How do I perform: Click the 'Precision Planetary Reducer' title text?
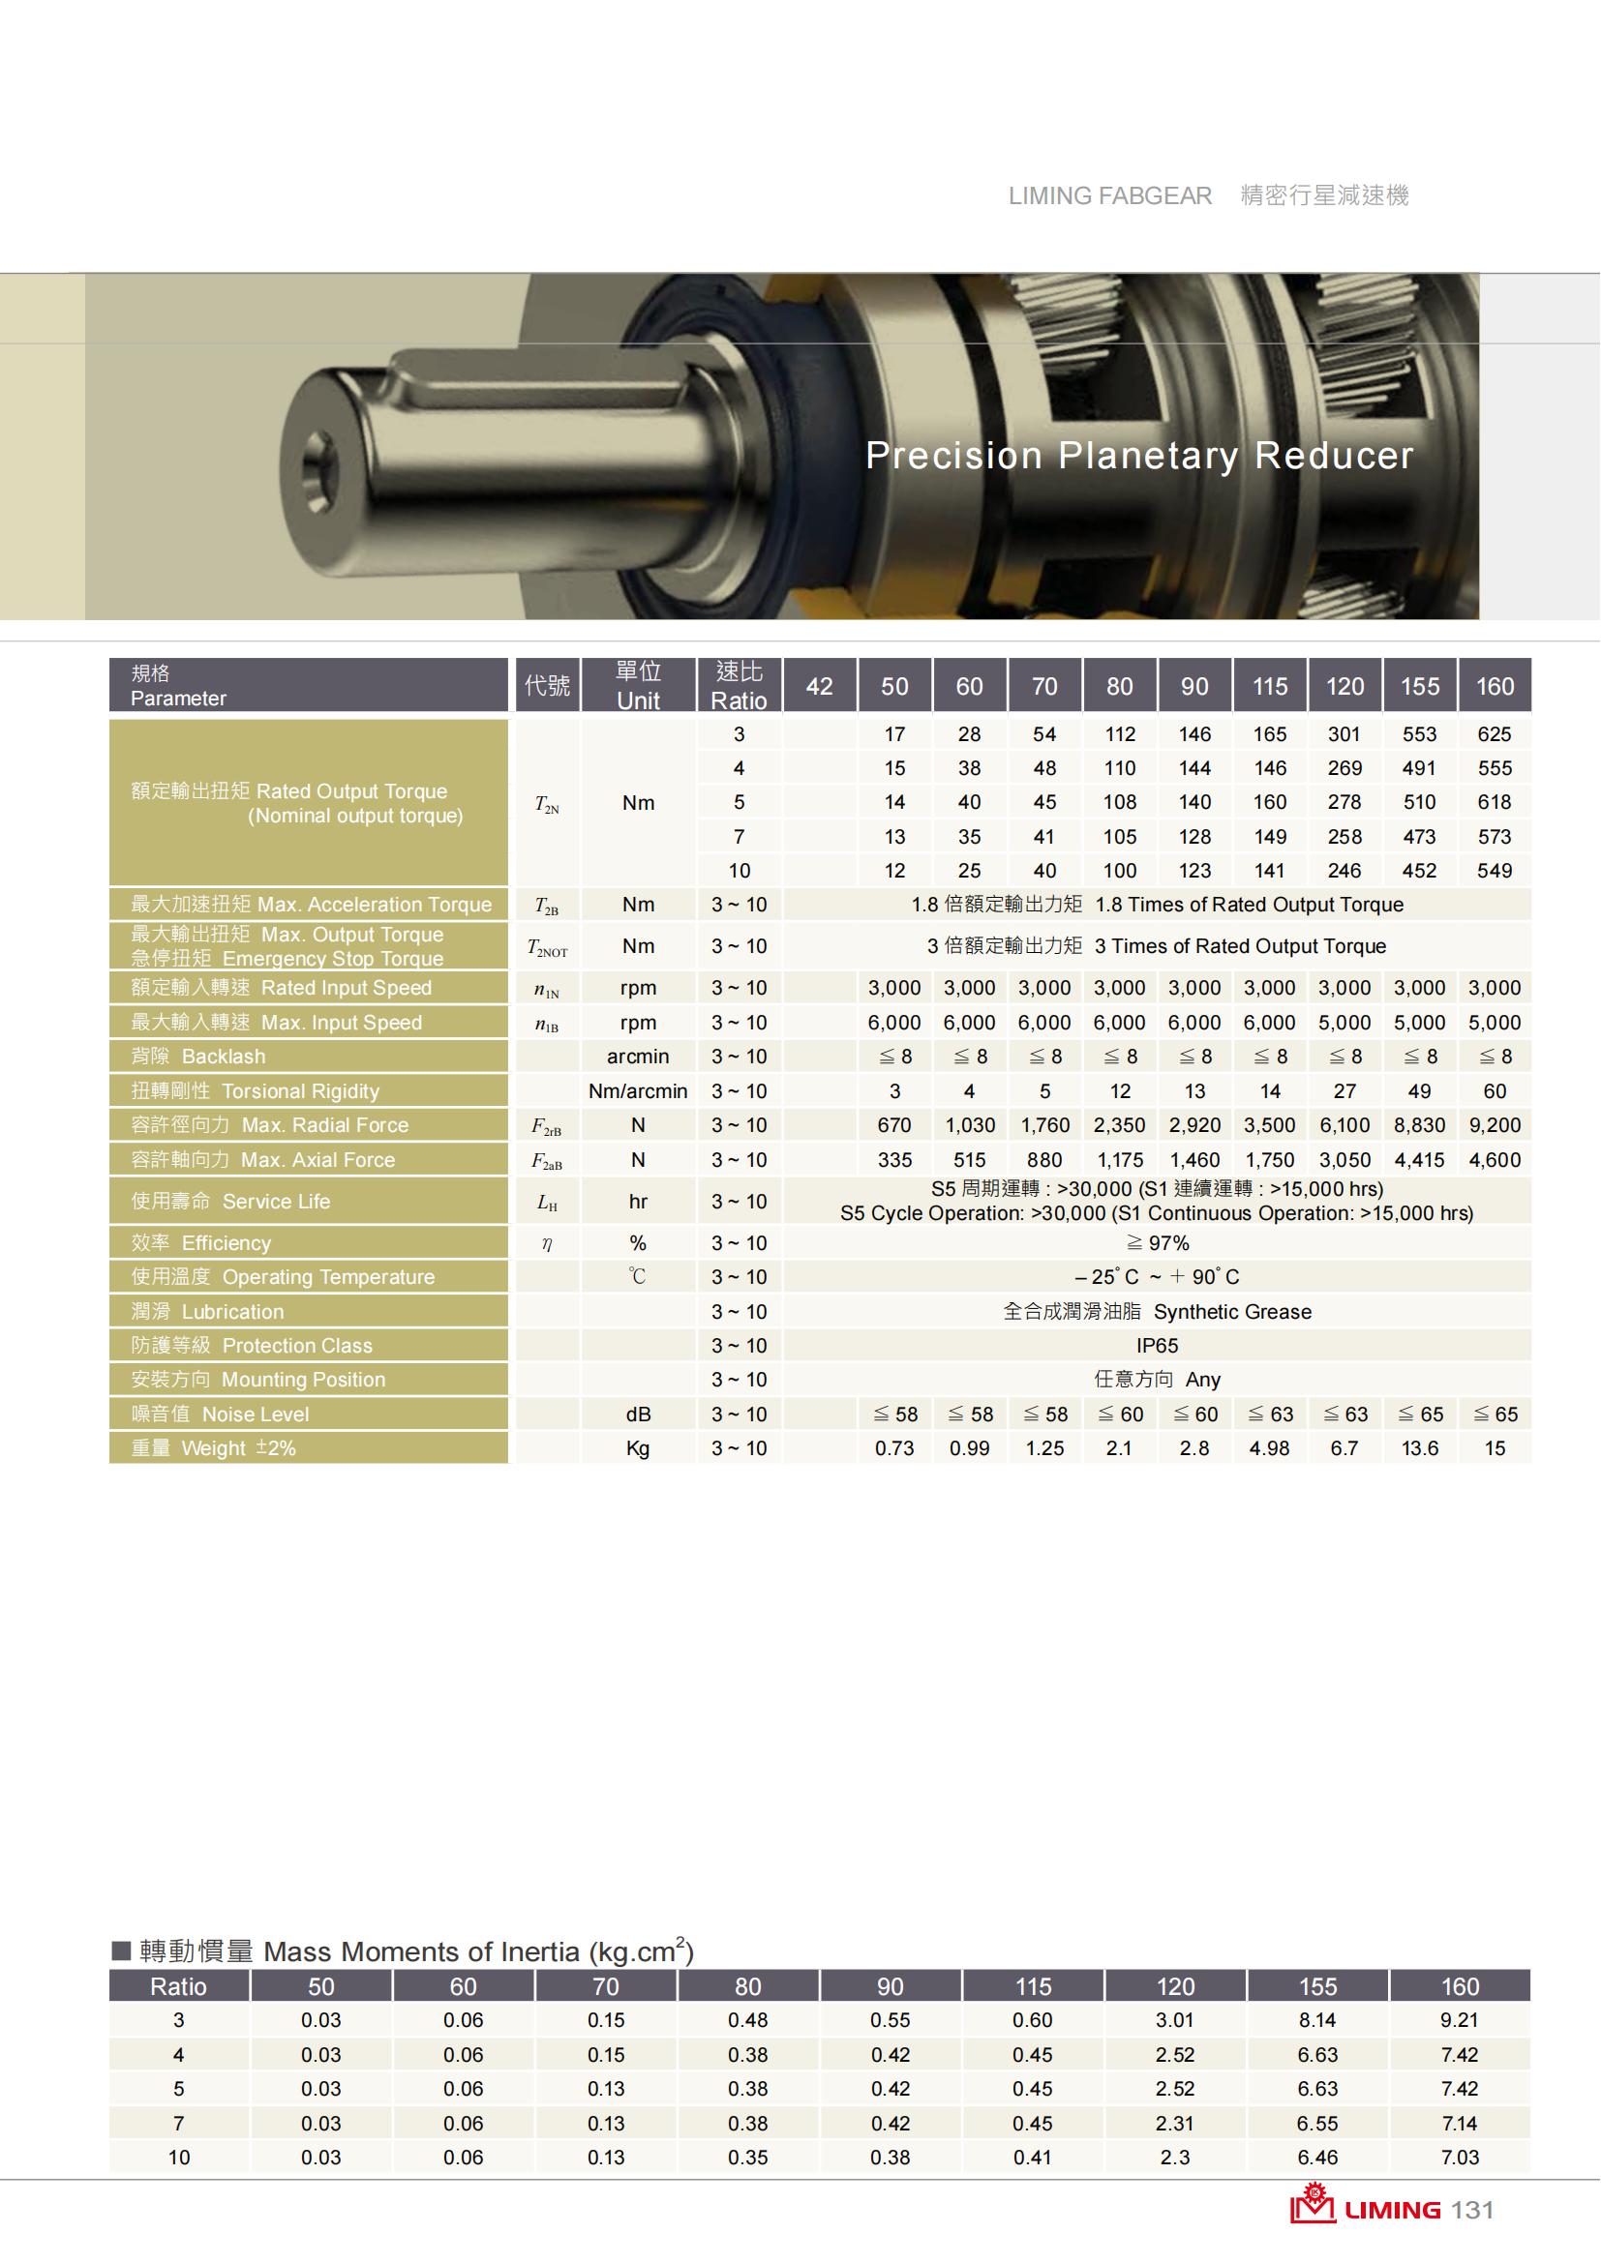(1138, 456)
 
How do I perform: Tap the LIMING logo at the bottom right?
(1366, 2209)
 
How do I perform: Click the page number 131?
(1472, 2211)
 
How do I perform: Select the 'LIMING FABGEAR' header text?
(1110, 196)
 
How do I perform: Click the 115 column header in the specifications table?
(1270, 686)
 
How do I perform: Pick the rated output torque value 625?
(1495, 734)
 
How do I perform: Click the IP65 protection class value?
(1158, 1346)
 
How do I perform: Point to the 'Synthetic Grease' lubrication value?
(1232, 1312)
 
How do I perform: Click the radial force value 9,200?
(1495, 1124)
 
